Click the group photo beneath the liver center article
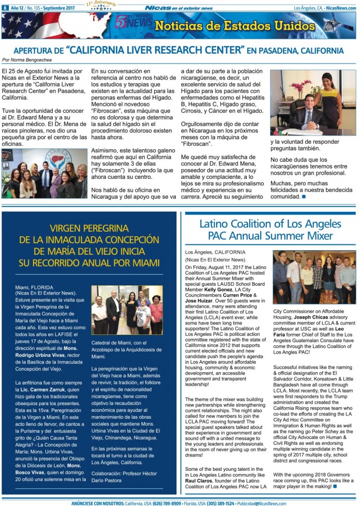[44, 174]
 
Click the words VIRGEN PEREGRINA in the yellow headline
[89, 228]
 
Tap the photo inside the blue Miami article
[127, 310]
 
